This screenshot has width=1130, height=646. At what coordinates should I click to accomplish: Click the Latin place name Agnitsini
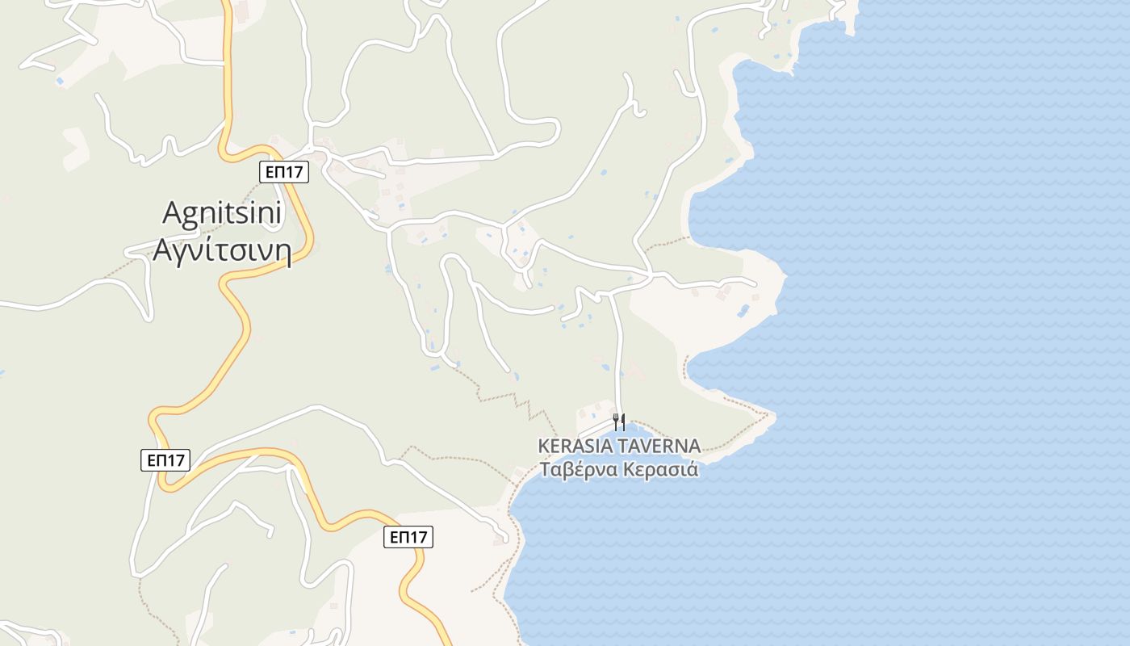tap(222, 213)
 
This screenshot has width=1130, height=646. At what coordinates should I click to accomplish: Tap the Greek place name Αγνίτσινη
tap(222, 250)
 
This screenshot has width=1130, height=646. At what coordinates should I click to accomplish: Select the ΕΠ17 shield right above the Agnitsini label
tap(285, 171)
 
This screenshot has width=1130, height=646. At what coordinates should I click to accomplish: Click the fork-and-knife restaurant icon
tap(619, 422)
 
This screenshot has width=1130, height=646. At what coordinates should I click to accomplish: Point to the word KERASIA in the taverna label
tap(575, 446)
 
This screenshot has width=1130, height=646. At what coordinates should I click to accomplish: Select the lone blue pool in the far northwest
tap(60, 81)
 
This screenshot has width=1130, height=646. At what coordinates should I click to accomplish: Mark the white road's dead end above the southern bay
tap(504, 539)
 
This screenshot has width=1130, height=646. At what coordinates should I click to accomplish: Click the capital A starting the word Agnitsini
tap(171, 213)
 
